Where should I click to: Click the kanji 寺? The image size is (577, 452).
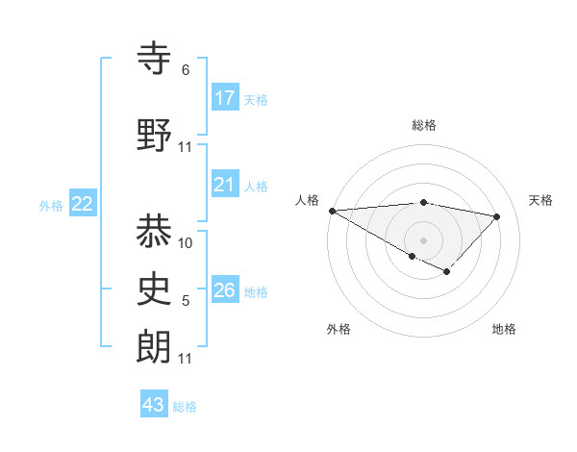click(x=155, y=60)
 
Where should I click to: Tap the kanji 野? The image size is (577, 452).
click(x=155, y=136)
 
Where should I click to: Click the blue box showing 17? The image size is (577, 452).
click(x=225, y=98)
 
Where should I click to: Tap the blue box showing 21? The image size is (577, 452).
click(x=225, y=186)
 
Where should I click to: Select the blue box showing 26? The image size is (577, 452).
click(x=225, y=290)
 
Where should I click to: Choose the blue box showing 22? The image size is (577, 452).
click(x=83, y=204)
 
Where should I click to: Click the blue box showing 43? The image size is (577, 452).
click(x=154, y=405)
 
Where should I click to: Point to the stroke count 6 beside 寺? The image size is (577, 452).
click(x=185, y=70)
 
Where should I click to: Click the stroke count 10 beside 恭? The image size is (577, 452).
click(x=187, y=243)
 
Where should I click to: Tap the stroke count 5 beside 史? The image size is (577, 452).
click(x=186, y=302)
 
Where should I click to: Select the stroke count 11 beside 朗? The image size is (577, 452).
click(x=186, y=359)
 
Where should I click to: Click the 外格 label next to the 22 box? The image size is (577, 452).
click(x=51, y=205)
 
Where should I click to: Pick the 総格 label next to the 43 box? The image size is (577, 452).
click(x=185, y=406)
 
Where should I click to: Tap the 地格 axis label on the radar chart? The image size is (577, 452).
click(x=504, y=329)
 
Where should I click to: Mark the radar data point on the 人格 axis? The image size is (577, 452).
click(x=332, y=211)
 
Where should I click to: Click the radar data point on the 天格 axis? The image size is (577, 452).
click(x=497, y=216)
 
